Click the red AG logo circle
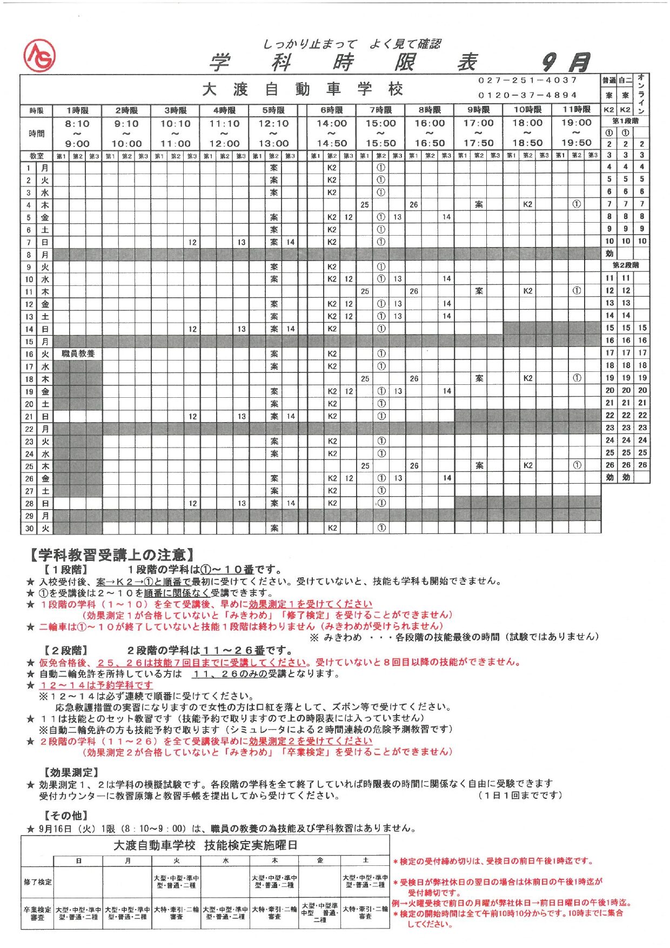point(39,57)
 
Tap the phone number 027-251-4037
point(527,80)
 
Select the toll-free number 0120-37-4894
point(527,95)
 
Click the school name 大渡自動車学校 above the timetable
point(303,89)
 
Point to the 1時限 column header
point(77,110)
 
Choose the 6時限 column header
point(331,110)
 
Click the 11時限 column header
point(576,110)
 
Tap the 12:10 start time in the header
point(273,124)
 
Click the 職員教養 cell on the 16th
point(78,353)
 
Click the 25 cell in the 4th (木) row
point(365,205)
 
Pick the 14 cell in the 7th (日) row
point(290,242)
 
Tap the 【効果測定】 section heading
point(71,772)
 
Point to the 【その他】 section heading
point(66,815)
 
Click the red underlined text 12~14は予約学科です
point(97,685)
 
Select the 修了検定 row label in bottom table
point(37,882)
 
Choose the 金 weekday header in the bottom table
point(319,860)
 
